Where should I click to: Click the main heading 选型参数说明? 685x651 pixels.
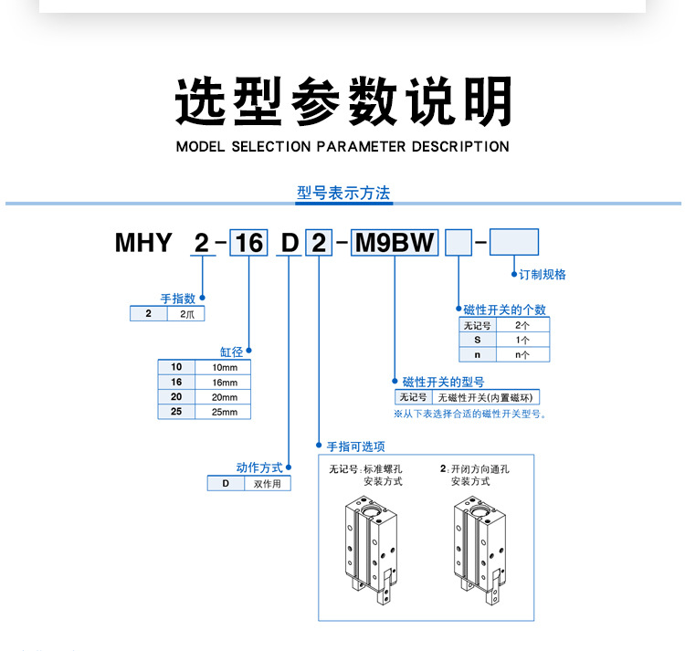tap(342, 100)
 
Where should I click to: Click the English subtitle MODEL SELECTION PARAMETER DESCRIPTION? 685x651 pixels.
tap(342, 146)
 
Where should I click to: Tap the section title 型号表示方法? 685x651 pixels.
tap(343, 193)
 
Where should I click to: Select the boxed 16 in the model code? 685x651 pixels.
tap(248, 242)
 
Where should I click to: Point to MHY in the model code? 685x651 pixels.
tap(143, 243)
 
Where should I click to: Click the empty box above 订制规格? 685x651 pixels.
tap(514, 242)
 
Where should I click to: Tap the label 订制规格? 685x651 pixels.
tap(543, 274)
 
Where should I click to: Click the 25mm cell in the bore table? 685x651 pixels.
tap(224, 412)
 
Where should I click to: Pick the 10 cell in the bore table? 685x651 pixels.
tap(176, 367)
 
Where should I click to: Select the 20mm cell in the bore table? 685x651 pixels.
tap(224, 397)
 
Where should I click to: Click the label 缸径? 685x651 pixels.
tap(229, 351)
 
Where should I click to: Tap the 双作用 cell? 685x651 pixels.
tap(267, 484)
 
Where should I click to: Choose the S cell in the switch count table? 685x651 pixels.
tap(477, 340)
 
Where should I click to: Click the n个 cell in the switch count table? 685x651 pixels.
tap(522, 354)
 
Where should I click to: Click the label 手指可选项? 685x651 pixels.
tap(355, 446)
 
